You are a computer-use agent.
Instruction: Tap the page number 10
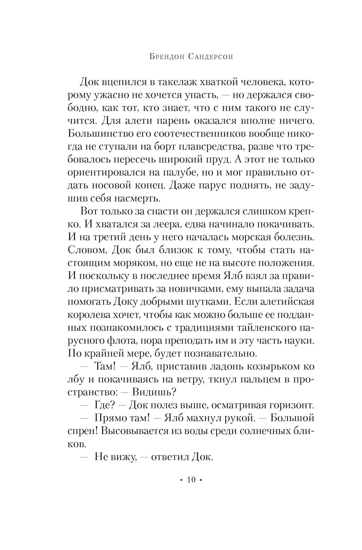[x=191, y=479]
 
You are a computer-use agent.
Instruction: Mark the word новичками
[x=194, y=289]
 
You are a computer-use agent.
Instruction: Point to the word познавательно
[x=220, y=354]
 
